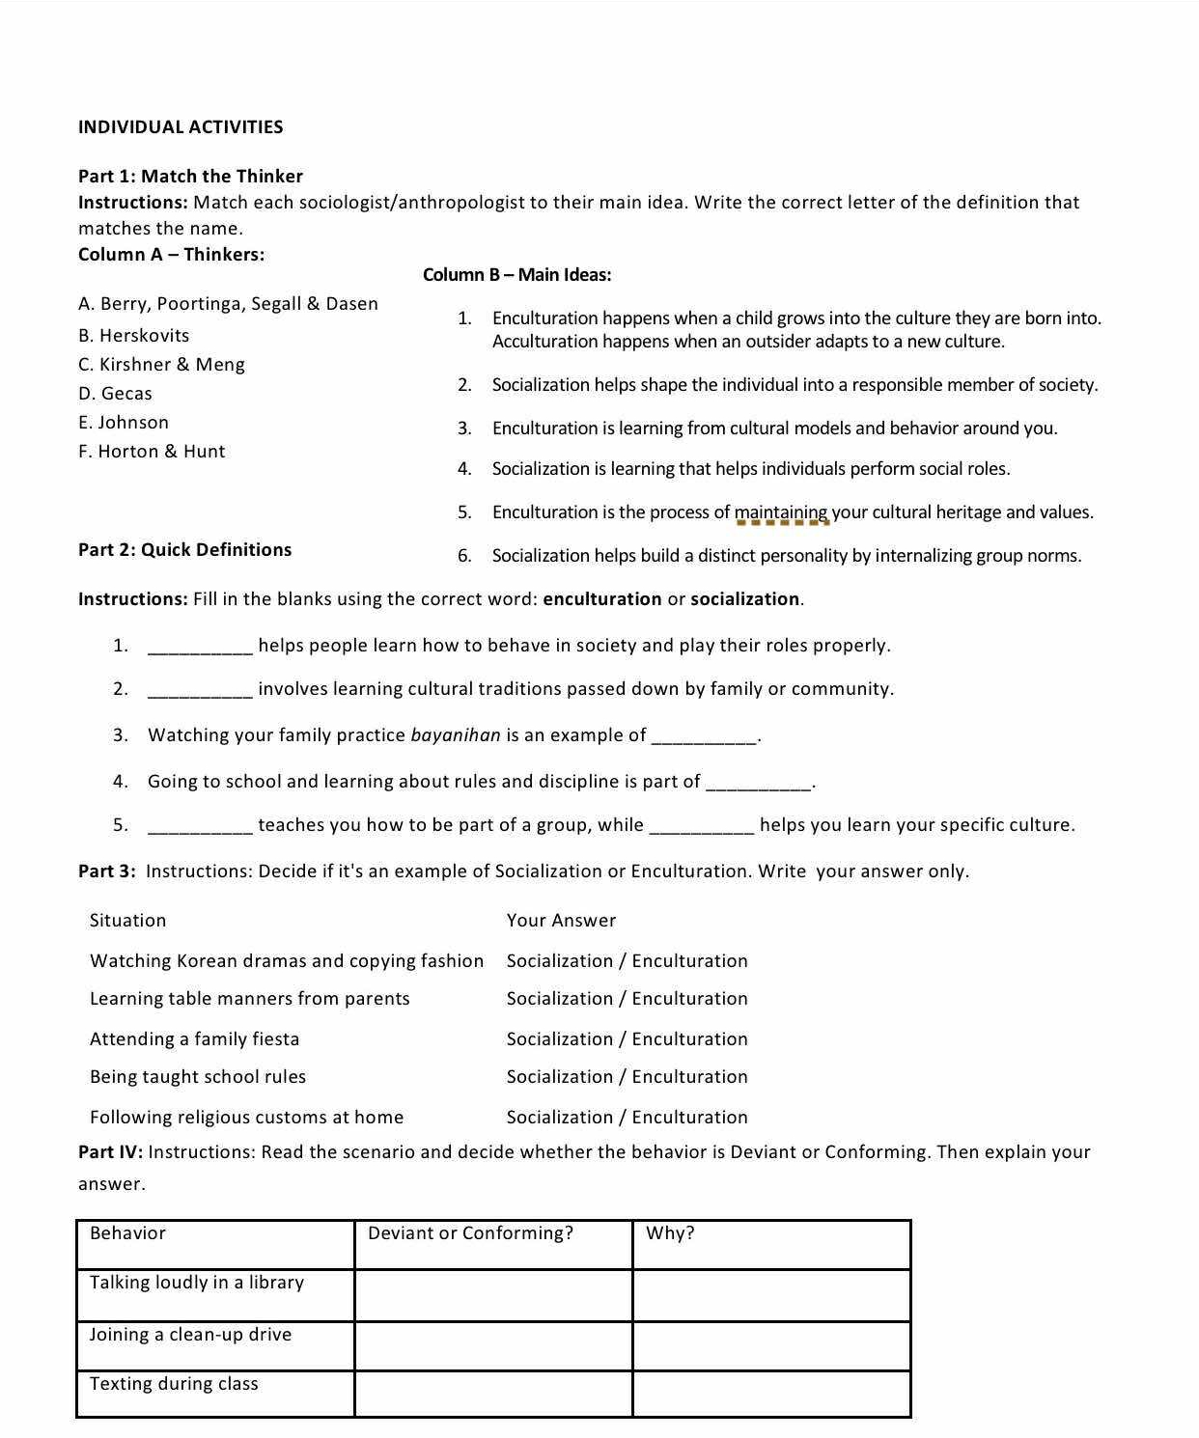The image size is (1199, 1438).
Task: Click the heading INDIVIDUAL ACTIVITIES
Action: click(x=181, y=127)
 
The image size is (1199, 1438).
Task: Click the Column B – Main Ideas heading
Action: click(x=516, y=275)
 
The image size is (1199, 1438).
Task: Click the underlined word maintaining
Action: click(x=782, y=512)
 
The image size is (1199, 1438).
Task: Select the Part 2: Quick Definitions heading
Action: click(x=184, y=550)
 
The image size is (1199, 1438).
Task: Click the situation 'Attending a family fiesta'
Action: click(x=194, y=1039)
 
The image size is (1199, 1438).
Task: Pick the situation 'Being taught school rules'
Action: click(x=198, y=1077)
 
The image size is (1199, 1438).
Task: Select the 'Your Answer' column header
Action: click(x=561, y=921)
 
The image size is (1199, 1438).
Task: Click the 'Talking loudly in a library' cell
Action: click(x=197, y=1283)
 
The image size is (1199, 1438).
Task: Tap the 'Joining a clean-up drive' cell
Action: click(x=190, y=1335)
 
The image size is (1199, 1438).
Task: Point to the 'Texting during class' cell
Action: click(x=174, y=1384)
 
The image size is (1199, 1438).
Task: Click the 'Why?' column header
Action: click(x=670, y=1233)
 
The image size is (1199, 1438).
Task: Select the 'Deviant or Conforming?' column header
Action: click(x=471, y=1233)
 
